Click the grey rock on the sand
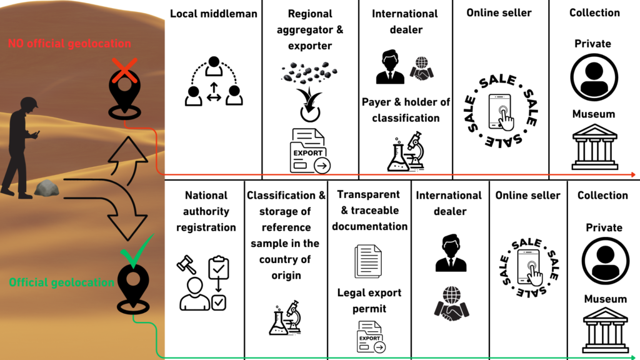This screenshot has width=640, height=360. (46, 187)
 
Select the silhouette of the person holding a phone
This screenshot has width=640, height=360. (22, 147)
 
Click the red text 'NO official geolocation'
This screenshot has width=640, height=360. (69, 44)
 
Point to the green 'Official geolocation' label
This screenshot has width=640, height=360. (61, 282)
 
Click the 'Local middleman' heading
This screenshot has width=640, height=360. (214, 14)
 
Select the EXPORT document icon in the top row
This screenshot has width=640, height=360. (309, 151)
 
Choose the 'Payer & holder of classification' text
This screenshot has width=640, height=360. (406, 109)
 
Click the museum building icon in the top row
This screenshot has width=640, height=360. (594, 146)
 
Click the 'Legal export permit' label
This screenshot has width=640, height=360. (369, 300)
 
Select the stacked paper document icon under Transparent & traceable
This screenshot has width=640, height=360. (368, 261)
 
